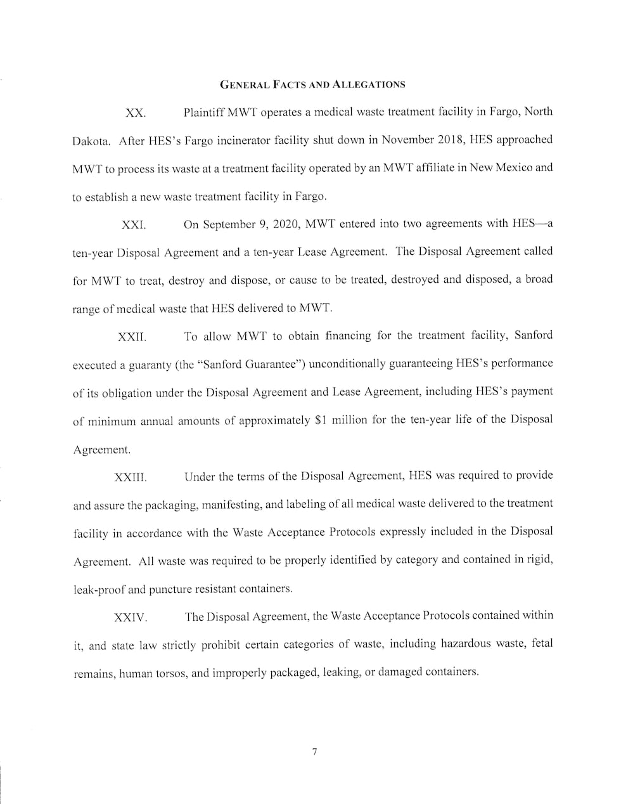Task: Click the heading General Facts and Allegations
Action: [x=312, y=84]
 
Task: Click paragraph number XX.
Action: [x=136, y=113]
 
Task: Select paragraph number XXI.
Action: [x=134, y=225]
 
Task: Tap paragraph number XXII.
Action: [x=132, y=337]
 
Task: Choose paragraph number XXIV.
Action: [x=131, y=618]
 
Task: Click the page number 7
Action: [x=314, y=752]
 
